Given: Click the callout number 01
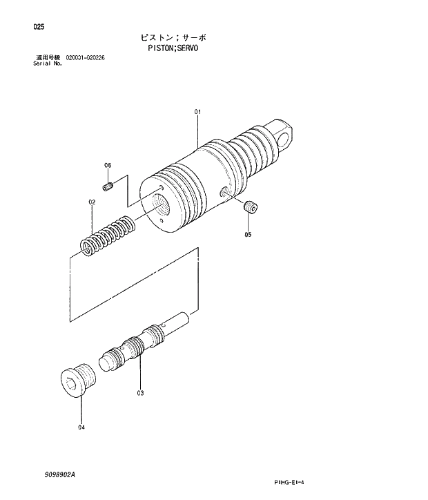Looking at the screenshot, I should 197,112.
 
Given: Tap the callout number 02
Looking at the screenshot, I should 91,202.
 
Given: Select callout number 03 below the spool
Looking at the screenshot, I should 140,394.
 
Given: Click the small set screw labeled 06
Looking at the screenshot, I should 107,186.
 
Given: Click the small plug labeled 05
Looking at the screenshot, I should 251,206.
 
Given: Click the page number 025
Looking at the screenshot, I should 38,28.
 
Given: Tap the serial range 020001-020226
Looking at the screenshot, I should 85,57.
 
